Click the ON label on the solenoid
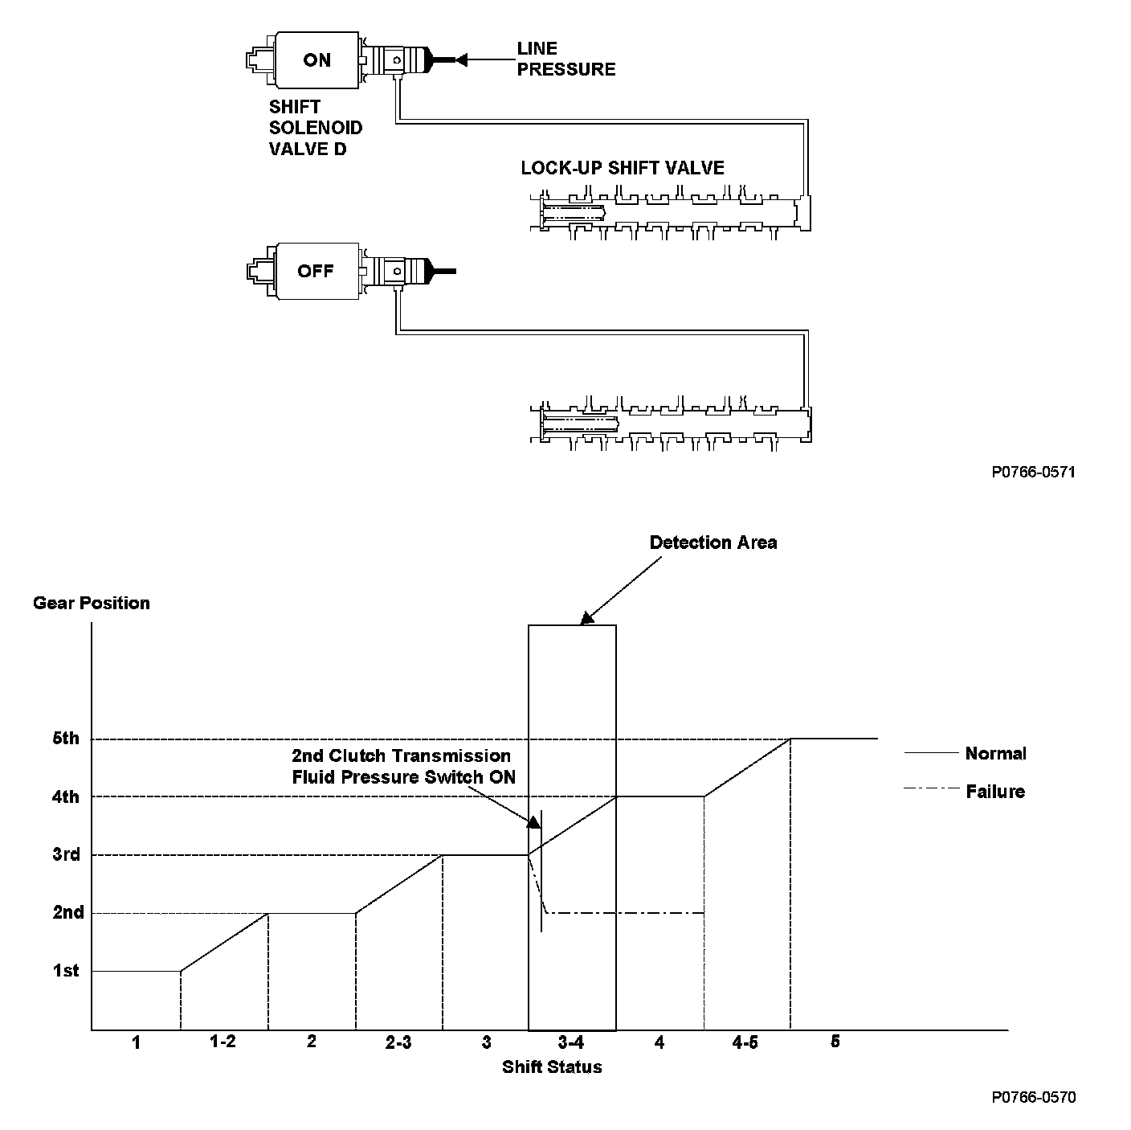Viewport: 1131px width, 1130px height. click(x=316, y=60)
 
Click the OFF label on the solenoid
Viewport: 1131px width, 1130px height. click(x=316, y=271)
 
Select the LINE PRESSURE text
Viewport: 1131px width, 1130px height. click(x=565, y=59)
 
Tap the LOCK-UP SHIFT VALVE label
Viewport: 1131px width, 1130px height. click(x=623, y=168)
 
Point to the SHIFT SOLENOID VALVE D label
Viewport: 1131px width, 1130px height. click(x=315, y=128)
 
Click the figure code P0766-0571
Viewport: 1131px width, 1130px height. click(x=1033, y=472)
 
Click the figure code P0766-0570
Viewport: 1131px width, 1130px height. click(x=1033, y=1097)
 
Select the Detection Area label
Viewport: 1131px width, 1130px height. click(x=713, y=542)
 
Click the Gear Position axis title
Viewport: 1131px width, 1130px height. click(x=91, y=603)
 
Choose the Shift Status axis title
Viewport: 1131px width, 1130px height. click(x=552, y=1067)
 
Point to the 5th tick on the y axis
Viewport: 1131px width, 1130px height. click(x=66, y=738)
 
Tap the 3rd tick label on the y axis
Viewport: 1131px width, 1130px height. click(x=66, y=854)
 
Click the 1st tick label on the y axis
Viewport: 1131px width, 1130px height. click(x=66, y=971)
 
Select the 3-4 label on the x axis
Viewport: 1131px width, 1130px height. click(x=571, y=1042)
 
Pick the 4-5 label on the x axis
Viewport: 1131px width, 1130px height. click(x=745, y=1042)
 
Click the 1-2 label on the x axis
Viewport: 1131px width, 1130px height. click(x=223, y=1042)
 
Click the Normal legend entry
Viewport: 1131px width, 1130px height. click(x=995, y=753)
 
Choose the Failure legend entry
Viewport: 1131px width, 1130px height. click(x=995, y=792)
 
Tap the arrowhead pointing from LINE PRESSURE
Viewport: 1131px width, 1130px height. click(x=461, y=59)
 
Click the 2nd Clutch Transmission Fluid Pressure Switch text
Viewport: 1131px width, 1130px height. click(x=402, y=766)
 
